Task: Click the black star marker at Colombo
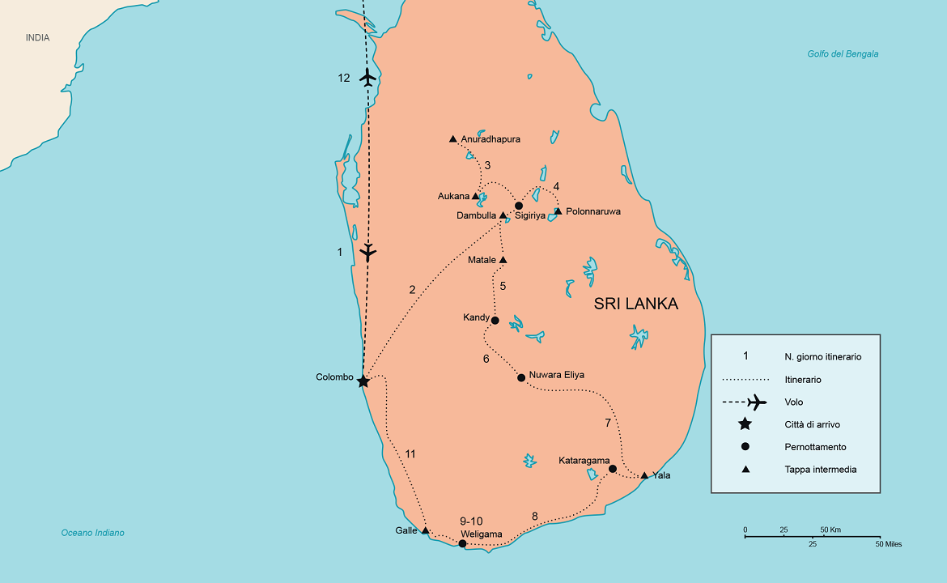(363, 381)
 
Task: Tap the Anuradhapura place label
(490, 139)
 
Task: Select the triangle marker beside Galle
(425, 530)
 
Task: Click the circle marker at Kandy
(495, 320)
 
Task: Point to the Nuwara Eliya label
(556, 376)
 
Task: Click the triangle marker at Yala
(644, 475)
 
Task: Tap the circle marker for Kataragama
(613, 469)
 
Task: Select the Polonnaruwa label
(593, 211)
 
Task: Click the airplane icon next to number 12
(368, 78)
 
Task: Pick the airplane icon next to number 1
(368, 252)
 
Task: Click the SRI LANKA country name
(636, 304)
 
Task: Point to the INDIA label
(37, 38)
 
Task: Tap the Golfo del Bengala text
(843, 54)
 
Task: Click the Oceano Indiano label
(93, 533)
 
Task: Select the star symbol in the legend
(745, 424)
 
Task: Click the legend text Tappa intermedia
(820, 470)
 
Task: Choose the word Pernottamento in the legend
(815, 447)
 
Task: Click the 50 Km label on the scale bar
(830, 530)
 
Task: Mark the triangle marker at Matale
(503, 260)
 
